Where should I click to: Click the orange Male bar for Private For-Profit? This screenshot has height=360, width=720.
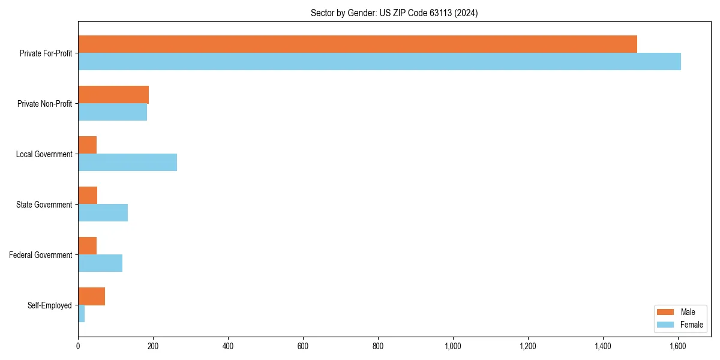(x=358, y=44)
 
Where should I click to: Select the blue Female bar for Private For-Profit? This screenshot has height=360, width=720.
(x=379, y=62)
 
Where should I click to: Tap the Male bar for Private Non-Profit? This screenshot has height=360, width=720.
(x=113, y=95)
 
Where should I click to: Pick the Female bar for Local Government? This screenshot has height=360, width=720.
(x=127, y=163)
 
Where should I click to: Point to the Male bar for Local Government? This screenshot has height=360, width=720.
(x=87, y=145)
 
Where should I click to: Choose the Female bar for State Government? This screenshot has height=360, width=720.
(x=103, y=213)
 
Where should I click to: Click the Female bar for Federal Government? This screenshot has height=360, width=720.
(x=100, y=263)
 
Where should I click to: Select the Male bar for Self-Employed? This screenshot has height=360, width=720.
(x=91, y=296)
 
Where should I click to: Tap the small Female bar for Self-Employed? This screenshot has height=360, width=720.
(x=81, y=314)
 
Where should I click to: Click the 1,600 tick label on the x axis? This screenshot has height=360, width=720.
(x=678, y=346)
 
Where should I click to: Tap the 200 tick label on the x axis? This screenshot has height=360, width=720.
(x=153, y=346)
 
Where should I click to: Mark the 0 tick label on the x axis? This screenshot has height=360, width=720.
(x=78, y=346)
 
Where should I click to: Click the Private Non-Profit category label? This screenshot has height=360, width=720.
(x=44, y=104)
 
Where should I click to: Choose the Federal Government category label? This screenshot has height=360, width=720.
(x=41, y=255)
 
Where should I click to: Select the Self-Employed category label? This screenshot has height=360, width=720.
(x=50, y=305)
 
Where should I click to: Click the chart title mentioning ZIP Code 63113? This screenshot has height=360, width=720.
(x=394, y=13)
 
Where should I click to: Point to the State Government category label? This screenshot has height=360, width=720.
(x=44, y=205)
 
